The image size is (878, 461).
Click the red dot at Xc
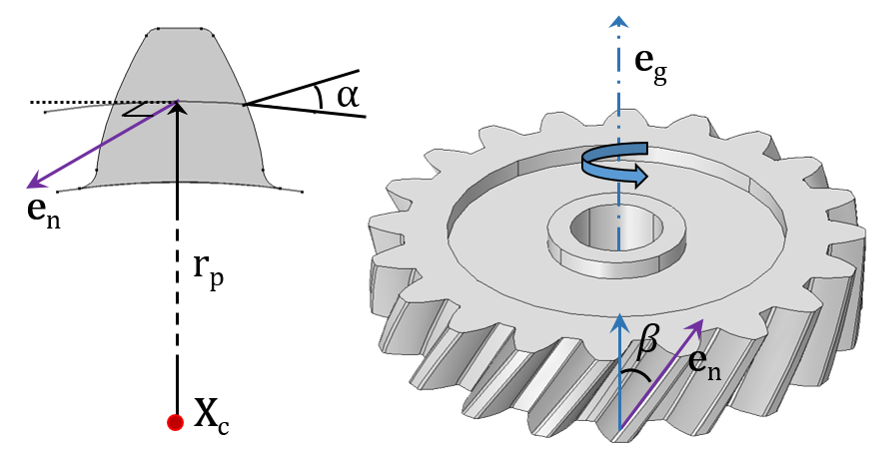pyautogui.click(x=175, y=422)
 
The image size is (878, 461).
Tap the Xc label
pyautogui.click(x=212, y=416)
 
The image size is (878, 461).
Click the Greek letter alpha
pyautogui.click(x=348, y=96)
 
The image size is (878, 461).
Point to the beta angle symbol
pyautogui.click(x=647, y=341)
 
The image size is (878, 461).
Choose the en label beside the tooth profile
pyautogui.click(x=44, y=212)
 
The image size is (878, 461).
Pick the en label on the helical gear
pyautogui.click(x=704, y=364)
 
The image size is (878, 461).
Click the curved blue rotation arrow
pyautogui.click(x=615, y=164)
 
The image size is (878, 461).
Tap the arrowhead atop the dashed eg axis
pyautogui.click(x=618, y=21)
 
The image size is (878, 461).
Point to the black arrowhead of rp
pyautogui.click(x=178, y=107)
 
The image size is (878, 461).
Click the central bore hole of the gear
pyautogui.click(x=616, y=228)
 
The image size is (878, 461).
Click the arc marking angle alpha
pyautogui.click(x=320, y=97)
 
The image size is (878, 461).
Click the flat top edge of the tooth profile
pyautogui.click(x=180, y=27)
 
